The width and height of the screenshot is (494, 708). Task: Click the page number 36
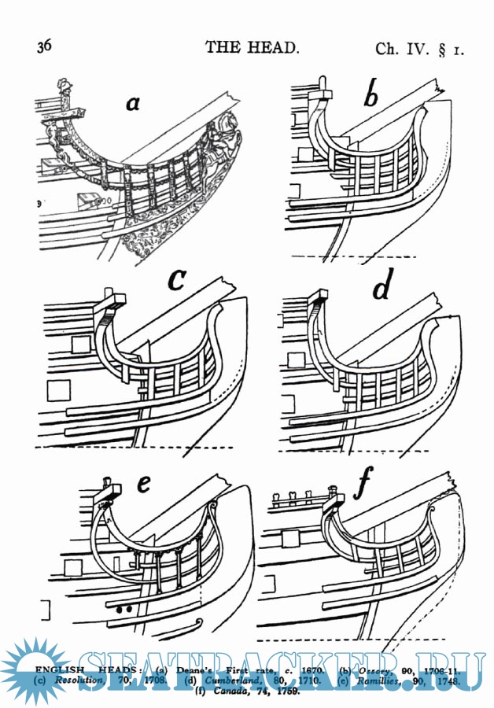point(44,46)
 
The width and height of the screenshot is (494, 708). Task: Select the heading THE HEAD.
point(252,47)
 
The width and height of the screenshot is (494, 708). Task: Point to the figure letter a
point(134,101)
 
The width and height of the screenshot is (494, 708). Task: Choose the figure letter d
point(382,289)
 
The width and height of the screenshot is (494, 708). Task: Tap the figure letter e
point(143,484)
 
